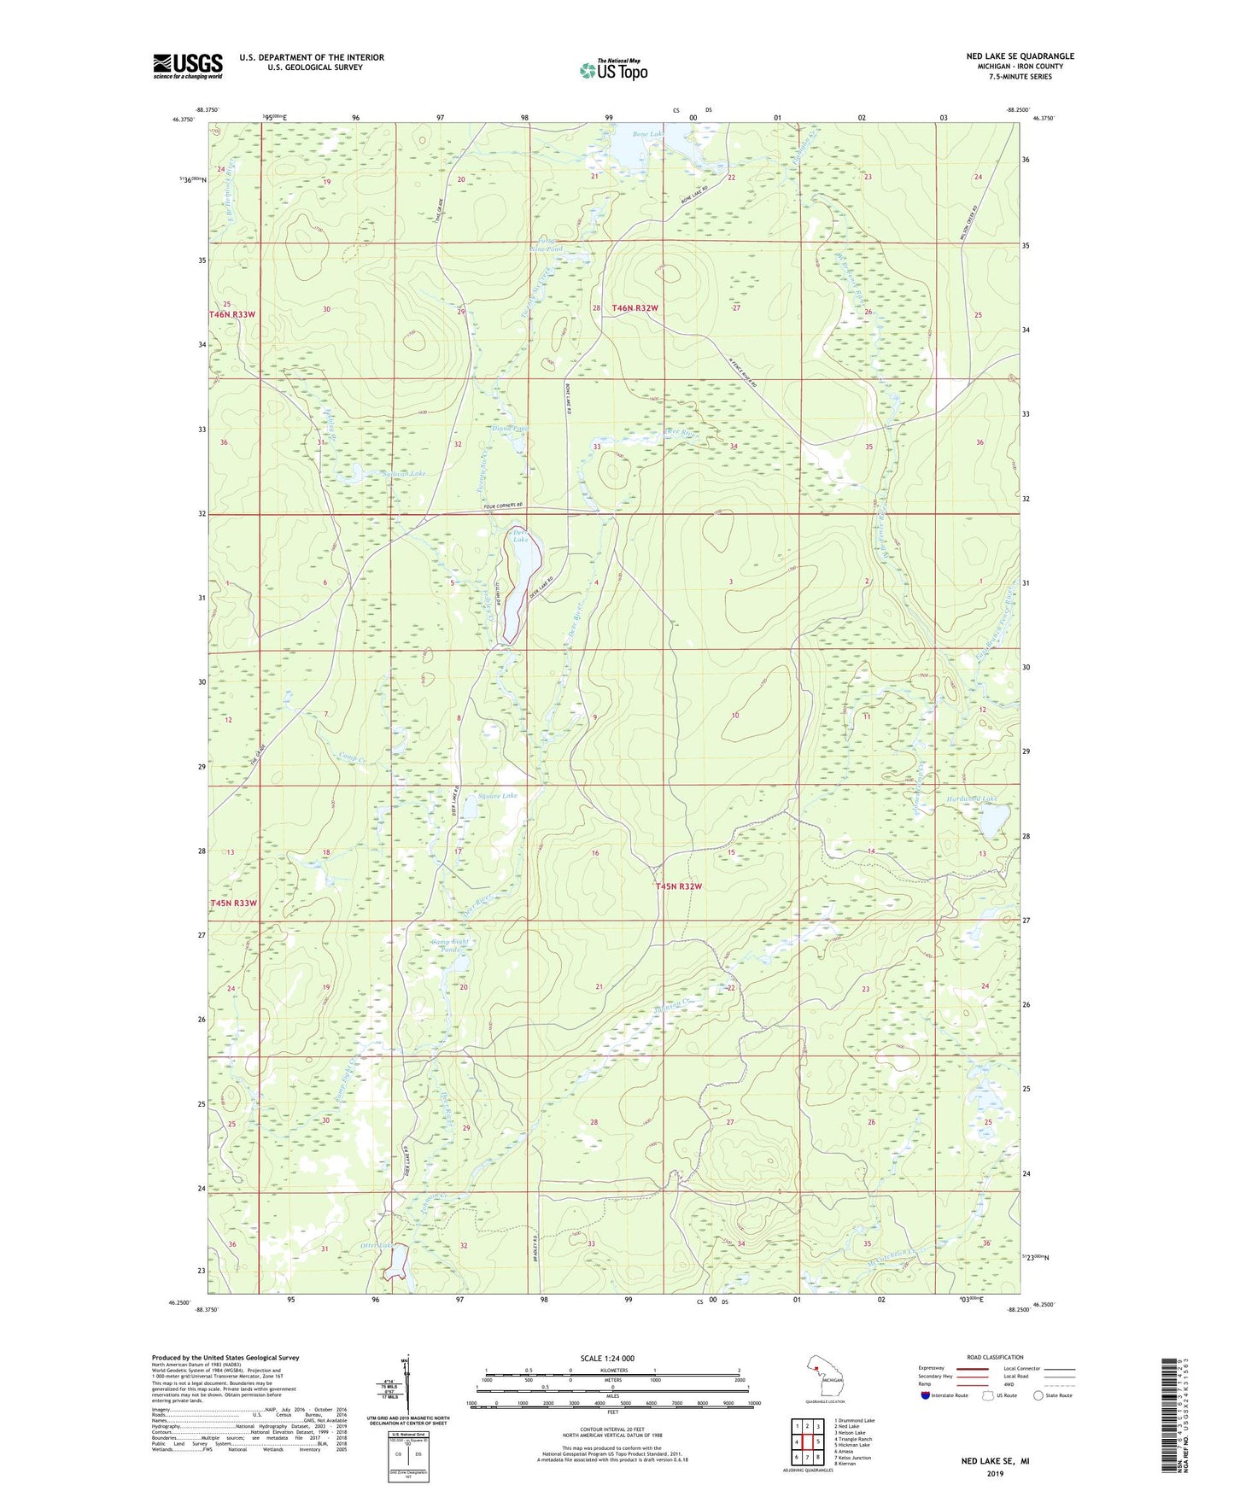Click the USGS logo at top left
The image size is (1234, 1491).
tap(188, 66)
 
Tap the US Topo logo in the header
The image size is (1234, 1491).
tap(612, 70)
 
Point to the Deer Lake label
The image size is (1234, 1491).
tap(520, 535)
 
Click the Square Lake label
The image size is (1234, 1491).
tap(497, 795)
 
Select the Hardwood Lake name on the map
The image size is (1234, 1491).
tap(972, 799)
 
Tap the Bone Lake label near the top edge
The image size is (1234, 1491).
tap(648, 134)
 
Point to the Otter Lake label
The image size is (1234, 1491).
tap(379, 1246)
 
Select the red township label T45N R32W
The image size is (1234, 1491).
tap(679, 886)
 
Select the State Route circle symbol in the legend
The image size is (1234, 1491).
tap(1038, 1395)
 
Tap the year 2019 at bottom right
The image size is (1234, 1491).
tap(995, 1473)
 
